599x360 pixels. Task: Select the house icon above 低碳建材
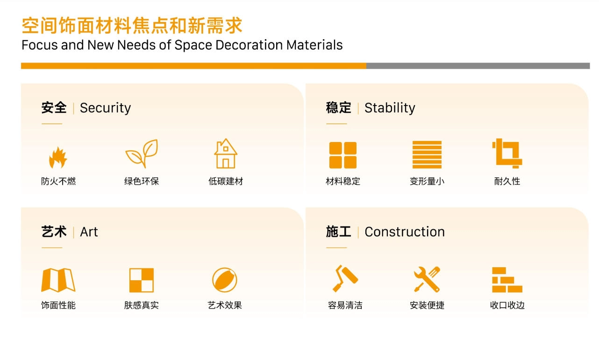pos(226,154)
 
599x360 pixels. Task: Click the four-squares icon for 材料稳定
pos(343,155)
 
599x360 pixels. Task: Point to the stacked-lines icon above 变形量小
pos(427,155)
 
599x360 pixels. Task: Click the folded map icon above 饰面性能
pos(58,280)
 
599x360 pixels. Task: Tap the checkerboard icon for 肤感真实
pos(142,280)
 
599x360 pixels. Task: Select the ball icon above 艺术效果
pos(225,280)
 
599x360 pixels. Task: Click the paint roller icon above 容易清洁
pos(345,278)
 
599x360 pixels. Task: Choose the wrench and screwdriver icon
pos(427,279)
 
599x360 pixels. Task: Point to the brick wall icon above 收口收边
pos(507,280)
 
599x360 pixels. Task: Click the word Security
pos(105,108)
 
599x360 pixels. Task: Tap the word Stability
pos(390,108)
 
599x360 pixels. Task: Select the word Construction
pos(405,232)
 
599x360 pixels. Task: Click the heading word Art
pos(89,232)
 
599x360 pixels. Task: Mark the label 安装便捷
pos(427,305)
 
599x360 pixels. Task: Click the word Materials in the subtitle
pos(314,45)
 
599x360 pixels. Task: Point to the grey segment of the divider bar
pos(478,66)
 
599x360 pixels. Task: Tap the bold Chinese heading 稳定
pos(339,108)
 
